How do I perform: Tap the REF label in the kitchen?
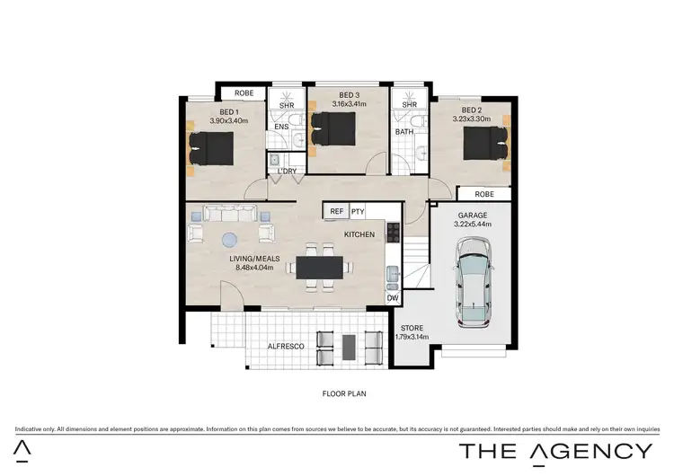tap(337, 211)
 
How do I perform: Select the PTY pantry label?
tap(358, 211)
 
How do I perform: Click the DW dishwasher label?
tap(392, 298)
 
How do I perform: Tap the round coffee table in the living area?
tap(229, 239)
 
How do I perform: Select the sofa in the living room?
tap(229, 214)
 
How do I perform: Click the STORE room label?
tap(412, 327)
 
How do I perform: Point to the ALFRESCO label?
tap(287, 345)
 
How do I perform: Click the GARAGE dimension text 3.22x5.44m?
tap(472, 225)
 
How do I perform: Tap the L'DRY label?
tap(287, 171)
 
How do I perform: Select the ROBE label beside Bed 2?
tap(483, 193)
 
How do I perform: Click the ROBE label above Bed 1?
tap(244, 93)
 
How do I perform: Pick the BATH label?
tap(404, 133)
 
